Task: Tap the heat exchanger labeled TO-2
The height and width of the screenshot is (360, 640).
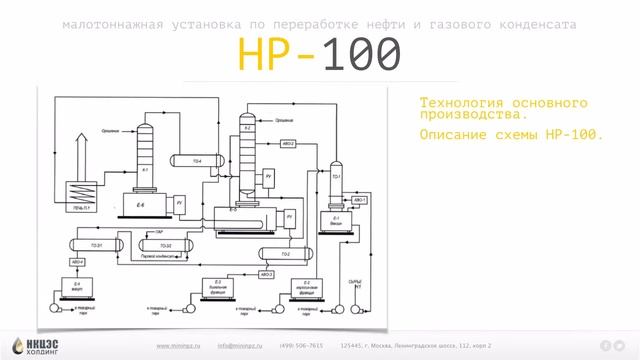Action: (x=285, y=254)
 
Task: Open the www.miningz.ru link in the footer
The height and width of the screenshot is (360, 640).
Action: (x=179, y=345)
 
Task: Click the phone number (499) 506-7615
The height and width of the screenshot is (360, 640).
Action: (x=302, y=345)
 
